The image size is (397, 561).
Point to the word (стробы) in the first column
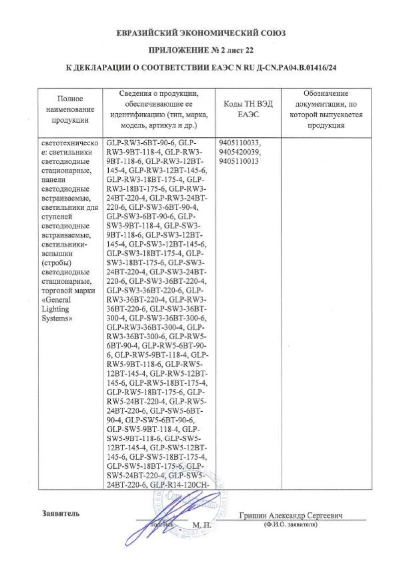pos(56,261)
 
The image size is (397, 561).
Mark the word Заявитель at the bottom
pos(59,513)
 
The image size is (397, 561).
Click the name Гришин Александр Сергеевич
pos(294,516)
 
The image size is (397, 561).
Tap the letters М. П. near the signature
pos(202,525)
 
